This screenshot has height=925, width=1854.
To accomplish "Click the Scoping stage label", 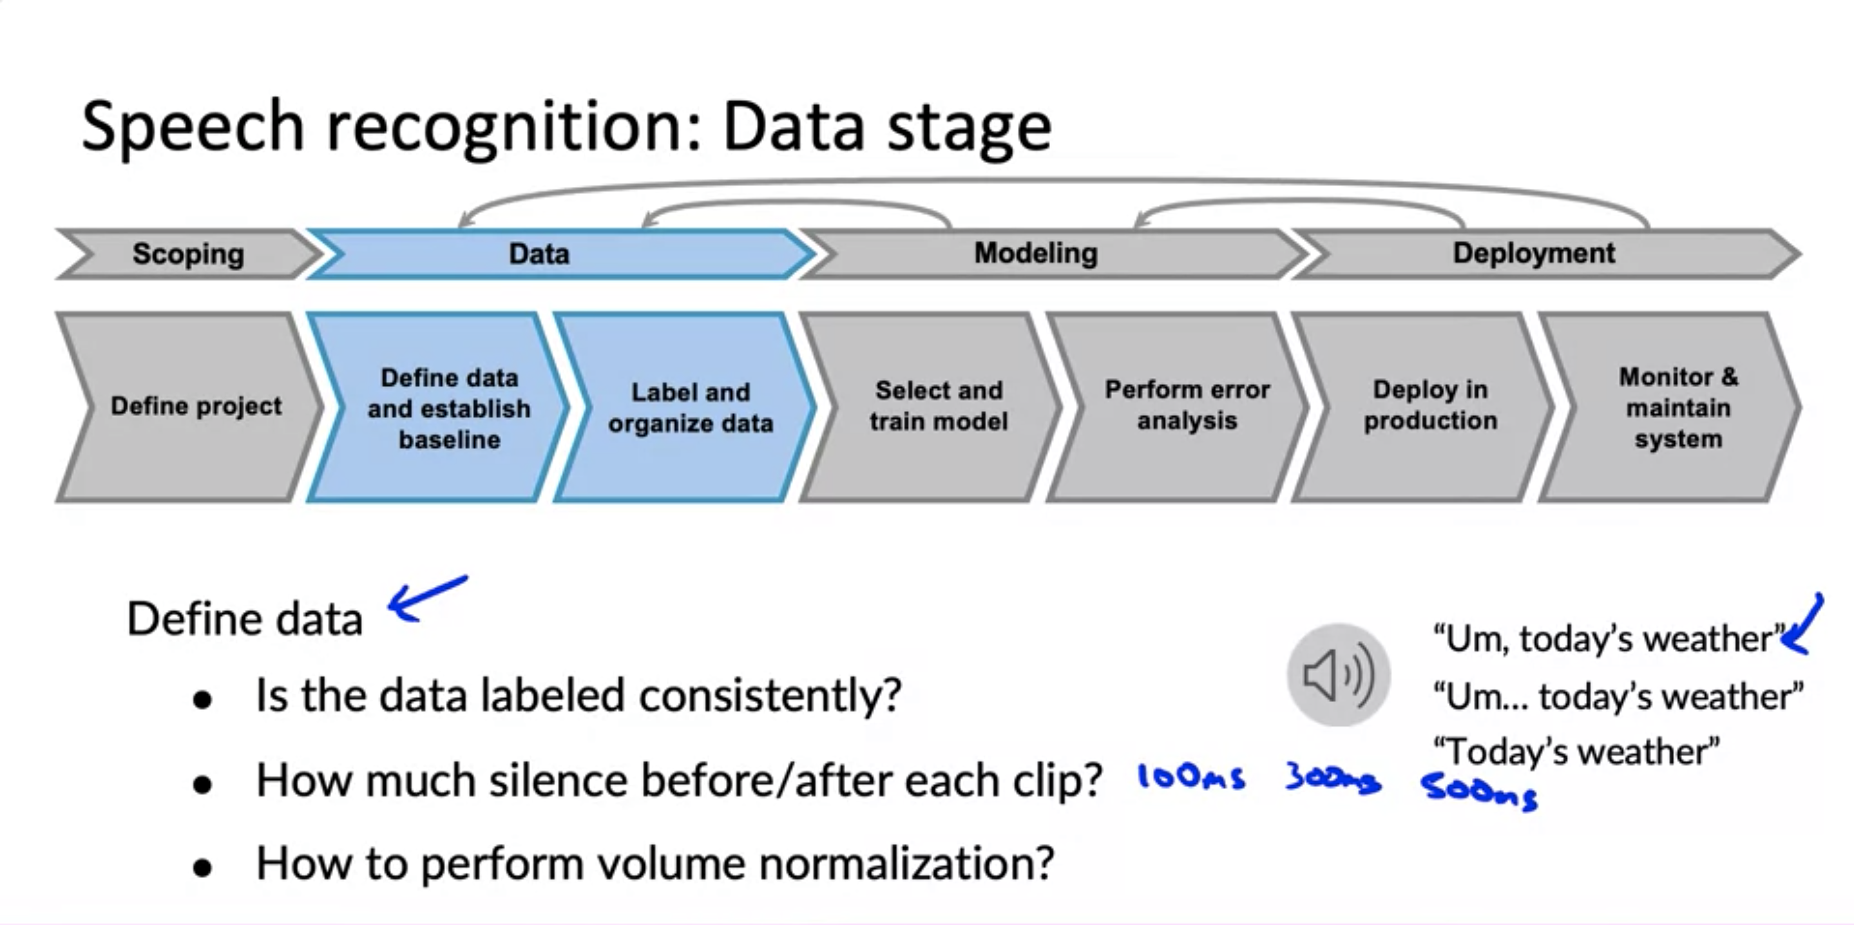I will (x=188, y=254).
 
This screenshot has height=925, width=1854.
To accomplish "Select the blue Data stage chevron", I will (x=539, y=254).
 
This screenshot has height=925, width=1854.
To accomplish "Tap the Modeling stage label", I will (x=1036, y=253).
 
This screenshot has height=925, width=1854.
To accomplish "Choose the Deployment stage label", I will (x=1534, y=253).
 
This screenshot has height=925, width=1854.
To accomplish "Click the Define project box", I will (x=196, y=406).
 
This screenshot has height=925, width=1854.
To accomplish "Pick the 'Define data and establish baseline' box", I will (x=449, y=408).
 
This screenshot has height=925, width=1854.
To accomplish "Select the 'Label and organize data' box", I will (x=690, y=408).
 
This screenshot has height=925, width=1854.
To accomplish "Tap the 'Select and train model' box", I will (x=939, y=406).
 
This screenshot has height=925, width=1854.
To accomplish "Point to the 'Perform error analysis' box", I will (x=1187, y=405).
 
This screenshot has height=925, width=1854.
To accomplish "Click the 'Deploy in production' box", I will (x=1430, y=405).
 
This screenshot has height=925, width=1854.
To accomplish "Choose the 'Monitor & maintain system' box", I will (x=1677, y=408).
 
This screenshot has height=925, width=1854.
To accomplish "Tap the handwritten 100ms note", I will (x=1191, y=778).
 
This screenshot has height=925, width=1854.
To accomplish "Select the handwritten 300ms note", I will (x=1333, y=779).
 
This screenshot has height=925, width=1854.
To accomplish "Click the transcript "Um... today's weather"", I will (x=1618, y=697).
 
